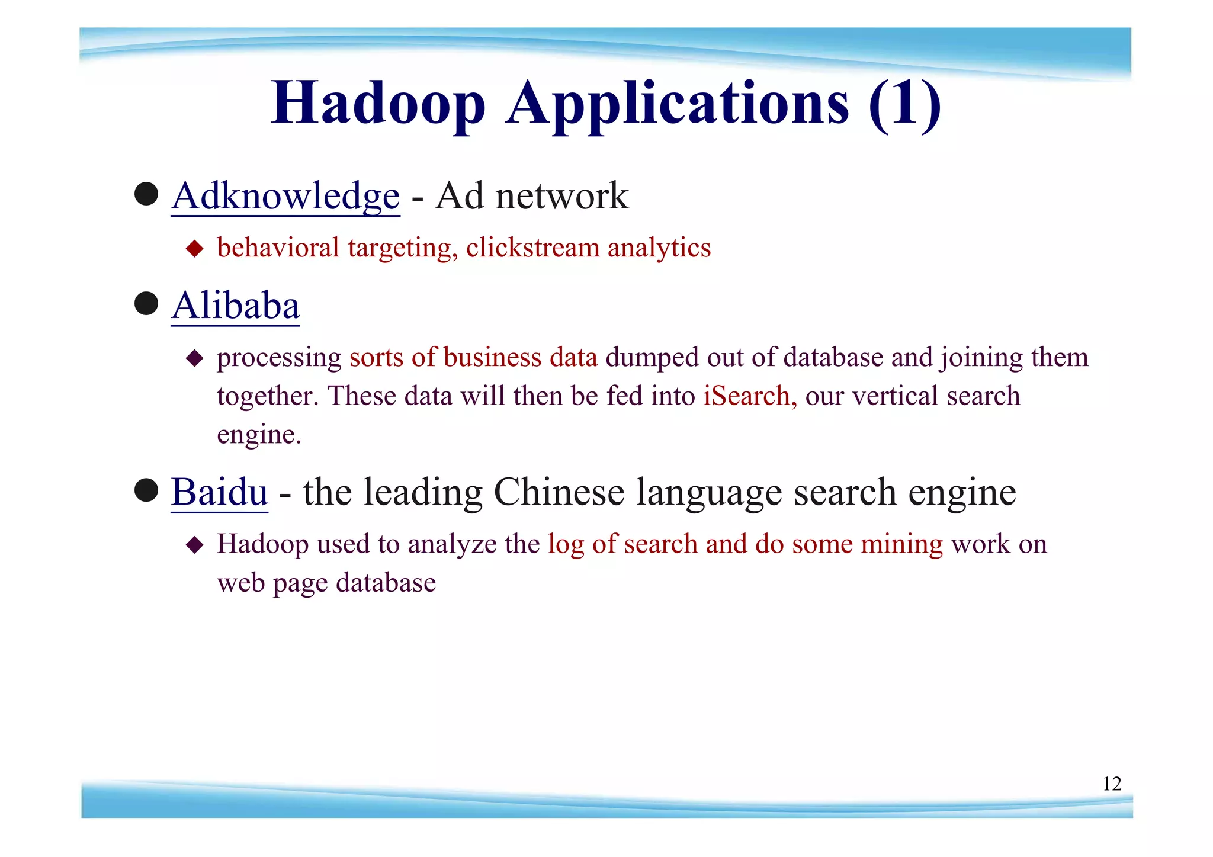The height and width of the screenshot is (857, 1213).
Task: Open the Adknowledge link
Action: coord(285,196)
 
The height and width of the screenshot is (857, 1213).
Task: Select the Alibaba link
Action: coord(236,306)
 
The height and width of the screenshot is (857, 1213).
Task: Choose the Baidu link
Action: coord(219,492)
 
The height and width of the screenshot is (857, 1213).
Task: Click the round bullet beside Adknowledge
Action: coord(146,194)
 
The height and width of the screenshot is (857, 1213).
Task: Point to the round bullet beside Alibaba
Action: coord(146,304)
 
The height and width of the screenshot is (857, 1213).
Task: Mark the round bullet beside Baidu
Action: coord(146,490)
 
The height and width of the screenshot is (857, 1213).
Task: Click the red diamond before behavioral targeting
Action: coord(194,248)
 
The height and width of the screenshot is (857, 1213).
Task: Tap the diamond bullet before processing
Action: coord(194,358)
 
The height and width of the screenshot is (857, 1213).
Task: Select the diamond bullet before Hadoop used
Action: coord(194,545)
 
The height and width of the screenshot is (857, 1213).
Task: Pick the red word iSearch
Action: coord(749,396)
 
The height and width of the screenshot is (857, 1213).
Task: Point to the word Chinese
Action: coord(559,492)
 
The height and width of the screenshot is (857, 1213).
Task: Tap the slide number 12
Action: coord(1112,784)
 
